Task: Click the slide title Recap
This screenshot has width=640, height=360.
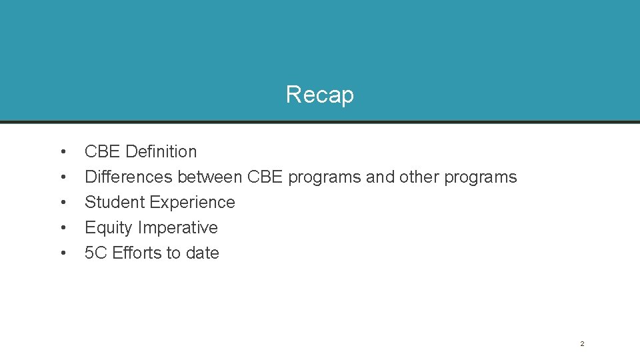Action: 319,95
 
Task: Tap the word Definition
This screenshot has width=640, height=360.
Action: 161,151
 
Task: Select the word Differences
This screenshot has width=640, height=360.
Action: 129,177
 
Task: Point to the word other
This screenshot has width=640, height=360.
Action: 419,177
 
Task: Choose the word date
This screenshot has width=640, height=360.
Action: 203,253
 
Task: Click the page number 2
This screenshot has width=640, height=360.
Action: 582,343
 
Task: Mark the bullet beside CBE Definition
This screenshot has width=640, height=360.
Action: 62,152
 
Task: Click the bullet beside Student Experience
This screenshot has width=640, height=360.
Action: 62,203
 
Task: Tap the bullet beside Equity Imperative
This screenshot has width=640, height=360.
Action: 62,228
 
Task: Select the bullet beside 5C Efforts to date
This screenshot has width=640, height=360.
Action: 62,253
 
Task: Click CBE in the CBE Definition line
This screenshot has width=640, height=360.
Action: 103,151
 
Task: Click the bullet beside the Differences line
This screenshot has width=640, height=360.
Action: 62,177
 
